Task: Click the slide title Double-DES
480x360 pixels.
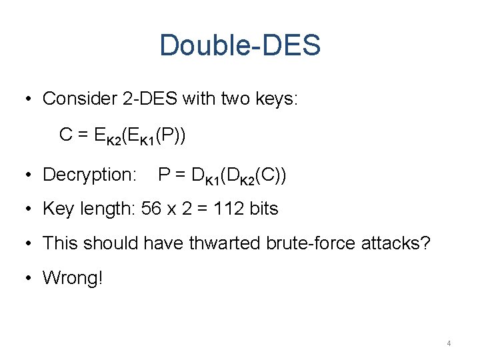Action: click(240, 45)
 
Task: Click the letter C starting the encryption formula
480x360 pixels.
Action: click(65, 135)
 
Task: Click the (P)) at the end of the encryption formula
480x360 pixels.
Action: click(171, 136)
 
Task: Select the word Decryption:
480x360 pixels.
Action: click(89, 175)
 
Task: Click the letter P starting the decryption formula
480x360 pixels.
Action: click(164, 175)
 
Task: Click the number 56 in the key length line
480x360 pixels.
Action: click(152, 209)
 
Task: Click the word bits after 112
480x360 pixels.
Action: click(263, 209)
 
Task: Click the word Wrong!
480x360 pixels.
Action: click(73, 278)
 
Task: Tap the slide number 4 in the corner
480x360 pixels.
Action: click(449, 343)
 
